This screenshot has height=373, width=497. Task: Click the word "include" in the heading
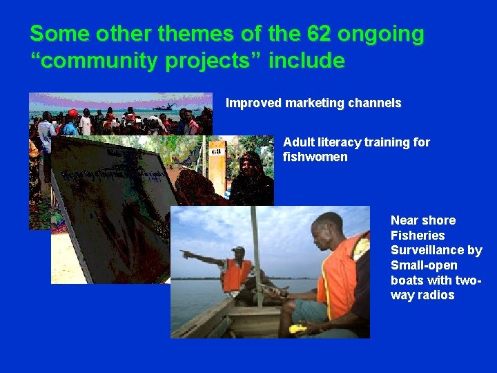(x=306, y=61)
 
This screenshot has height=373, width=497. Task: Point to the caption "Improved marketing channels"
(x=313, y=103)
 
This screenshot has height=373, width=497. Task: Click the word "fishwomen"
(x=315, y=157)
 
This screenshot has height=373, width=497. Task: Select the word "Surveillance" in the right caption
(x=436, y=250)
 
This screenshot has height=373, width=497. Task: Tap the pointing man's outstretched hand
(x=185, y=254)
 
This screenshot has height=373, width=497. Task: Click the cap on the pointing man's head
(x=237, y=249)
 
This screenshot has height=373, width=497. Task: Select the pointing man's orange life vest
(x=235, y=275)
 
